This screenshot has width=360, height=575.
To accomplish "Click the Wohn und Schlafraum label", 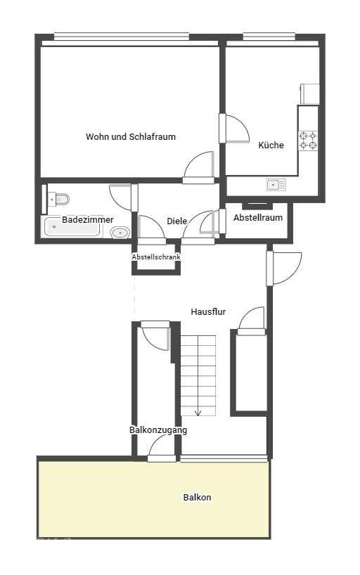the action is tap(131, 137).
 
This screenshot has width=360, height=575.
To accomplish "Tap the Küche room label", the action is tap(271, 145).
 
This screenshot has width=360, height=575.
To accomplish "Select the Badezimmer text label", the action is tap(88, 219).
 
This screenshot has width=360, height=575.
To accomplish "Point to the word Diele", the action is tap(177, 221).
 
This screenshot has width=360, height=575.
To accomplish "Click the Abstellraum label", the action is tap(258, 217).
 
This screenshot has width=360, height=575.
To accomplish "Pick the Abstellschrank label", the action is tap(156, 257).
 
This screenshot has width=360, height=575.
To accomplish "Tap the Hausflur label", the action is tap(208, 311).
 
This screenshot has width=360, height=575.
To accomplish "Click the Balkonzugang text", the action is tap(158, 429).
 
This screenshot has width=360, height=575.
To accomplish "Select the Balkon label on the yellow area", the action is tap(197, 497).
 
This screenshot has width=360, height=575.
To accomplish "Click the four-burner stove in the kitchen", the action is tap(308, 141).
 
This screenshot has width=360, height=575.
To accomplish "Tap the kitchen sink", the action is tap(276, 185).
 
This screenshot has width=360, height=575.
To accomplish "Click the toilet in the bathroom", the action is tap(59, 199).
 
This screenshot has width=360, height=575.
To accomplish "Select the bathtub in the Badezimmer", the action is tap(72, 227).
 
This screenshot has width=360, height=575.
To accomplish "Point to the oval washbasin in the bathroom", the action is tap(120, 233).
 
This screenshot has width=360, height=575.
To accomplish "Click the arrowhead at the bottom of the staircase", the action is tap(198, 413).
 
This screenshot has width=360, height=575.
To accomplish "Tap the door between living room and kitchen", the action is tap(234, 128).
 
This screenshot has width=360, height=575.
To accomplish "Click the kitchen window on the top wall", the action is tap(269, 36).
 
